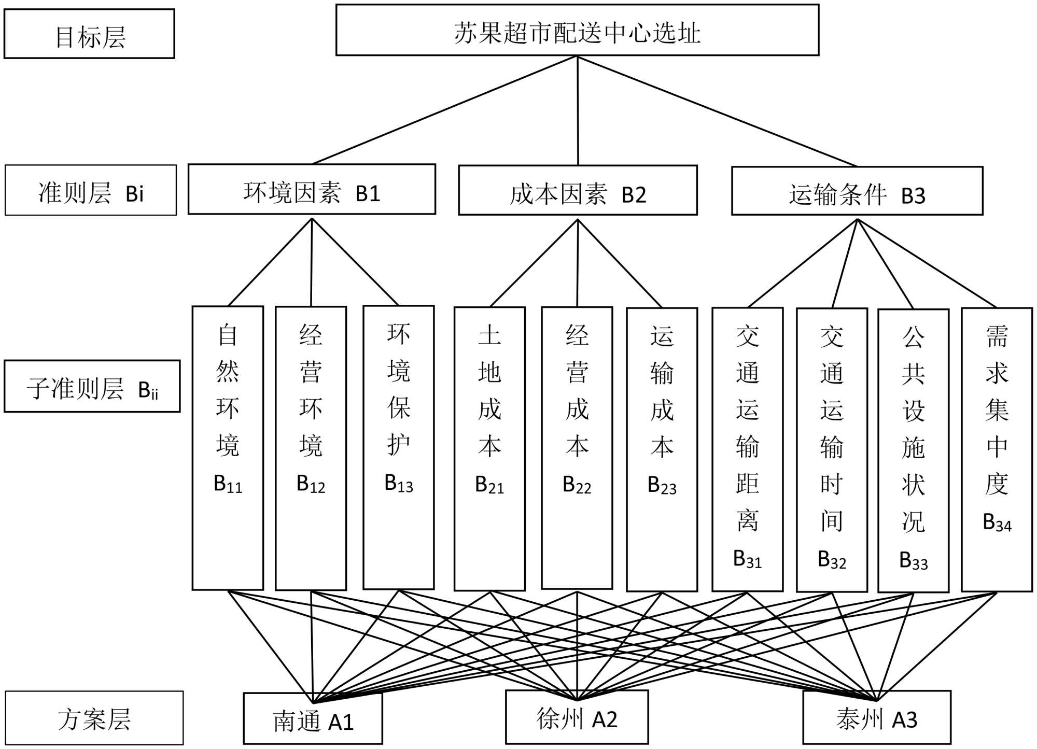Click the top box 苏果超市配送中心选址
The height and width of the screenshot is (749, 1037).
coord(577,30)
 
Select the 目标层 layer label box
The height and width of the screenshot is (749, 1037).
coord(89,34)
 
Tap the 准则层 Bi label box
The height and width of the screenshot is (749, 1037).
coord(91,190)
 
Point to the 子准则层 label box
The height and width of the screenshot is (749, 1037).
coord(92,387)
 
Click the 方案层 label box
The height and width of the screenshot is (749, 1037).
coord(94,718)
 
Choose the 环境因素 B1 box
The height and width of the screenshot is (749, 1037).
coord(312,190)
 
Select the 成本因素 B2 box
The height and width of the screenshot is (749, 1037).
coord(578,191)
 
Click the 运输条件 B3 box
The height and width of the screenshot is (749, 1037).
coord(857,191)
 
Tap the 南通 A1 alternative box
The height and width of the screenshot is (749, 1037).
coord(313,719)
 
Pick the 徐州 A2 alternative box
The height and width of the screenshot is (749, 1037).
coord(577,717)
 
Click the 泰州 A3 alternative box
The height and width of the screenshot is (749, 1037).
coord(876,717)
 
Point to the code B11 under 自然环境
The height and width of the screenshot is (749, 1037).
coord(228,484)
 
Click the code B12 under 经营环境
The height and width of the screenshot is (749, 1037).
coord(311,484)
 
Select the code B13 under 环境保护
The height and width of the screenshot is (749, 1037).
coord(398,484)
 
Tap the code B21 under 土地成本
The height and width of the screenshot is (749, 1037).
coord(489,485)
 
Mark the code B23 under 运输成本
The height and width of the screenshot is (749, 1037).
coord(662,486)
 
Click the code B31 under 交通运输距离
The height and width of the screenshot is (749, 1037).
coord(747,559)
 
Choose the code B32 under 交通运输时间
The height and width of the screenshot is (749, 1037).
coord(832,560)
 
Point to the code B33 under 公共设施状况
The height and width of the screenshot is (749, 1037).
coord(913,561)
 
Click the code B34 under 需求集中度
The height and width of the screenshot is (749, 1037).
coord(997,522)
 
